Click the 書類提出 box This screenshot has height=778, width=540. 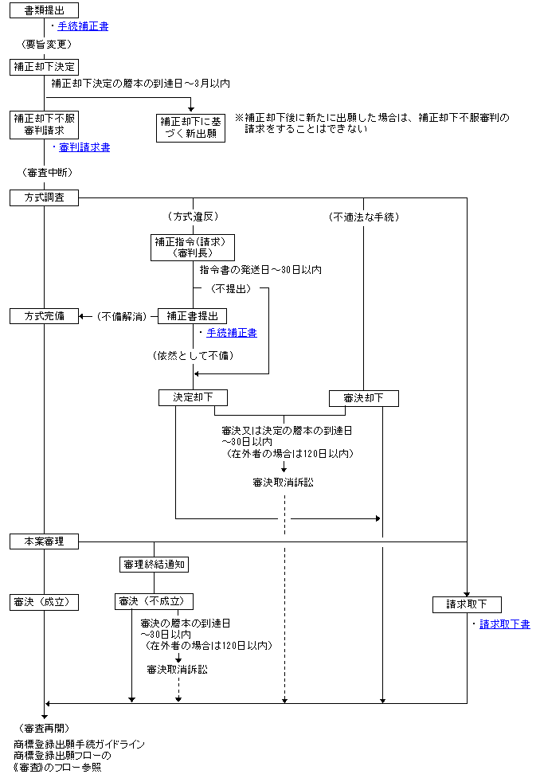click(45, 10)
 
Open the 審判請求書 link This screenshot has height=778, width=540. click(84, 147)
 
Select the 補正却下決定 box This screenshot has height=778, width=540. click(45, 67)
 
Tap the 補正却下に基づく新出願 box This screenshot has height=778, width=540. click(191, 127)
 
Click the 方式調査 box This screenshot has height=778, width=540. click(45, 197)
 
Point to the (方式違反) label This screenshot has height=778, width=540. click(192, 217)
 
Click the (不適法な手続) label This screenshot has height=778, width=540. click(363, 217)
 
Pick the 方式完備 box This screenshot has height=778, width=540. click(45, 316)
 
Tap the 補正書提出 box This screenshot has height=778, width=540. click(192, 316)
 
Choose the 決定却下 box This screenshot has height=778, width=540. click(192, 397)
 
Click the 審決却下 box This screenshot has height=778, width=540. click(364, 397)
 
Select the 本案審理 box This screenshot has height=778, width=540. click(45, 541)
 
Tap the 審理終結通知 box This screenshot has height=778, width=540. click(155, 564)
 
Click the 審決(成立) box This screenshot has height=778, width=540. click(45, 602)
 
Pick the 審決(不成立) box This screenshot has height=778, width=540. click(155, 602)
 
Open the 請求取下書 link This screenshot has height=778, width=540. click(505, 624)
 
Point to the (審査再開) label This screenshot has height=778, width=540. click(45, 728)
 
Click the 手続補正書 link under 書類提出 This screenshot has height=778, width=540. click(83, 26)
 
